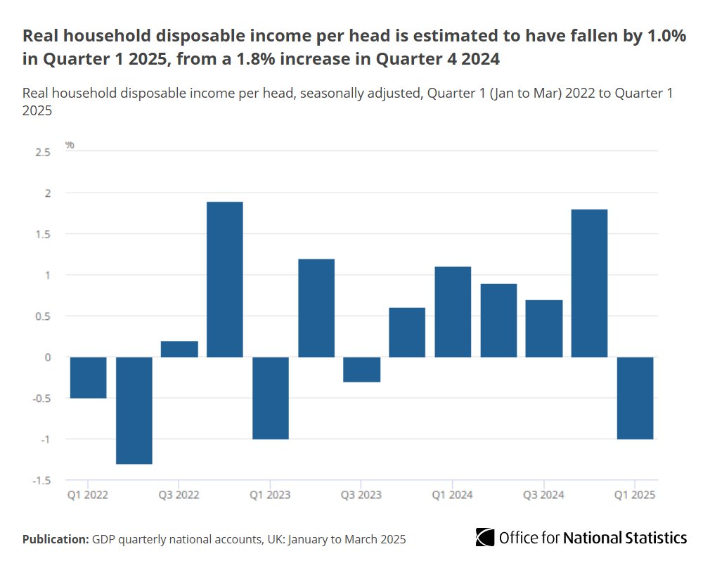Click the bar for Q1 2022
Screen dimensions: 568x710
(x=88, y=377)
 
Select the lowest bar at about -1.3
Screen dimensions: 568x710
(x=134, y=411)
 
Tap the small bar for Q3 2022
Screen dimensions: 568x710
(x=179, y=349)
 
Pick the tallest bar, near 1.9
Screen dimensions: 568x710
(x=224, y=280)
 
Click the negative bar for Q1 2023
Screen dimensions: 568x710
(x=271, y=398)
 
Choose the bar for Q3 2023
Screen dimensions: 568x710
(x=361, y=370)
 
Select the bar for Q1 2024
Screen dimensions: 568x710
(x=453, y=312)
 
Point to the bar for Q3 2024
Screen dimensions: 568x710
(x=543, y=328)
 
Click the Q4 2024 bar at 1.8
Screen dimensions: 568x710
(x=589, y=283)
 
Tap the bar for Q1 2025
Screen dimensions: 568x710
(x=635, y=398)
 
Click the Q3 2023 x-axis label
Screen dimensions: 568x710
(x=361, y=495)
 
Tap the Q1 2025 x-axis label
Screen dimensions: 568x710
(x=635, y=495)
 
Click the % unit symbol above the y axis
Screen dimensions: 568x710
(x=70, y=145)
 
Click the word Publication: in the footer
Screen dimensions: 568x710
(x=55, y=539)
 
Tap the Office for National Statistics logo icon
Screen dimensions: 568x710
(x=484, y=538)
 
